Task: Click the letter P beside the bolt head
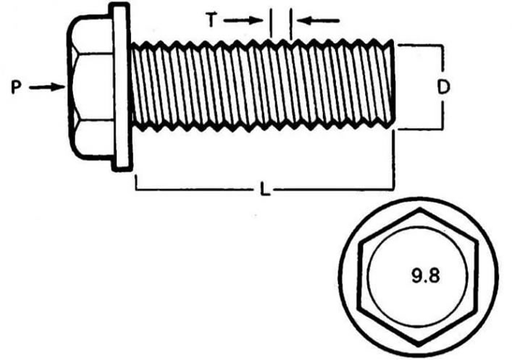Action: tap(16, 88)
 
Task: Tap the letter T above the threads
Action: tap(211, 20)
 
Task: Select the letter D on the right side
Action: tap(443, 87)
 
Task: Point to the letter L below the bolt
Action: tap(265, 189)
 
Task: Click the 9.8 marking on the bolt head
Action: tap(426, 276)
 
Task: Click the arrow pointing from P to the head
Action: tap(47, 87)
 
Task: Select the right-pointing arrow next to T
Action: tap(243, 20)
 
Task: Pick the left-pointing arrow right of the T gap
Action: tap(318, 21)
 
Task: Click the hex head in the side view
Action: tap(91, 87)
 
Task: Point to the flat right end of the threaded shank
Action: tap(393, 83)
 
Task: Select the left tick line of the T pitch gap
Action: tap(271, 23)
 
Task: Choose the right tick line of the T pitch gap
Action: tap(290, 23)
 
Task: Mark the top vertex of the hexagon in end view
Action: tap(419, 208)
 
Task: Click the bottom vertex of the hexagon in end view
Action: tap(419, 345)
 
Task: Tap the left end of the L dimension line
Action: tap(136, 189)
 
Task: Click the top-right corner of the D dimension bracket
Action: tap(442, 46)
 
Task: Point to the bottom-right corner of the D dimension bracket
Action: tap(442, 129)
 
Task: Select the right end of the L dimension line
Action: tap(393, 189)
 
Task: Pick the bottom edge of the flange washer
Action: tap(122, 170)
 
